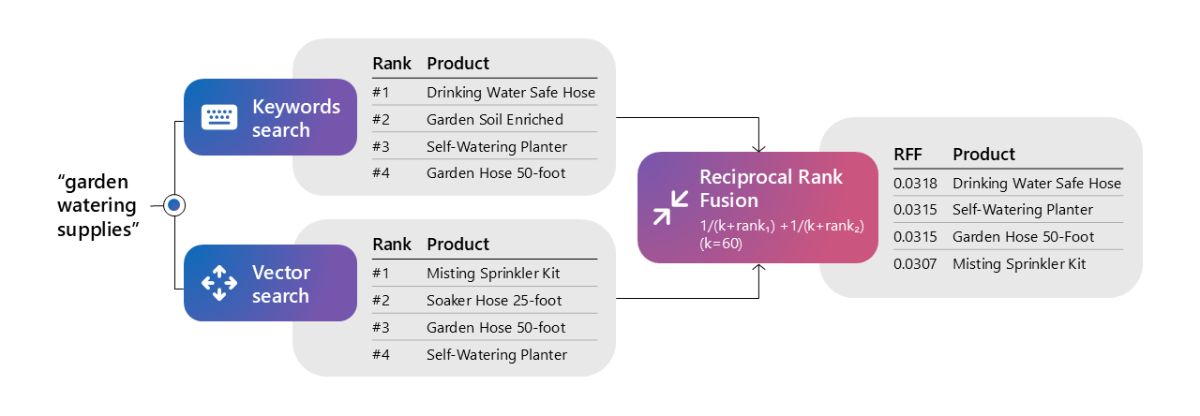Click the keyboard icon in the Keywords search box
218,117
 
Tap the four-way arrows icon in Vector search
218,283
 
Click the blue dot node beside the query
173,204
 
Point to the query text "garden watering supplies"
97,204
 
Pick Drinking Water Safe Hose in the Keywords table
510,93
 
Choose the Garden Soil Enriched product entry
494,120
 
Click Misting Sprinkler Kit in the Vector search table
492,273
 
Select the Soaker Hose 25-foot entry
494,300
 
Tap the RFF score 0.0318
914,184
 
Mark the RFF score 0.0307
914,264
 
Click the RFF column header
907,155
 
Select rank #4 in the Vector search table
381,354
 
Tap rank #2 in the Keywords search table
381,120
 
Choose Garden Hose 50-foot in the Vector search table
496,327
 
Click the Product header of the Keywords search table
457,64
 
